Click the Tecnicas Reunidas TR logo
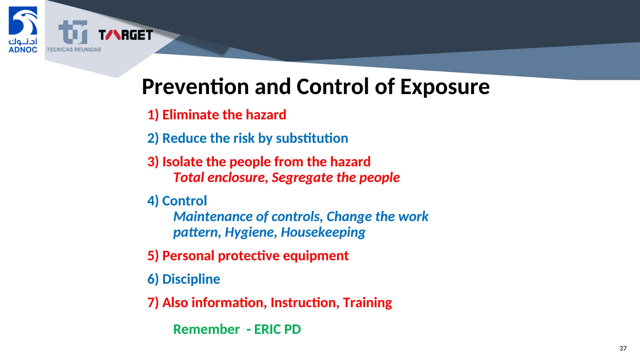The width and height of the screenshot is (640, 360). (x=73, y=32)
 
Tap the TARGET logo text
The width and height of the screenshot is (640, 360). (x=126, y=35)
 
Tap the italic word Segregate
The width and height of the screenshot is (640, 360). (x=302, y=178)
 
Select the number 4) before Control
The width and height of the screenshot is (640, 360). (x=153, y=201)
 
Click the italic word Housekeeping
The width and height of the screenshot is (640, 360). (x=323, y=232)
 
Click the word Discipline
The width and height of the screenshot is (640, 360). (x=191, y=279)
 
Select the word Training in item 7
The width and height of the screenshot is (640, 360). (x=367, y=302)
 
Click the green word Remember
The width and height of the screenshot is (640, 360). (x=206, y=329)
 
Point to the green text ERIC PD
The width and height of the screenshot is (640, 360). (x=277, y=329)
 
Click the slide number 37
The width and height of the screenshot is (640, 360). (x=623, y=348)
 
